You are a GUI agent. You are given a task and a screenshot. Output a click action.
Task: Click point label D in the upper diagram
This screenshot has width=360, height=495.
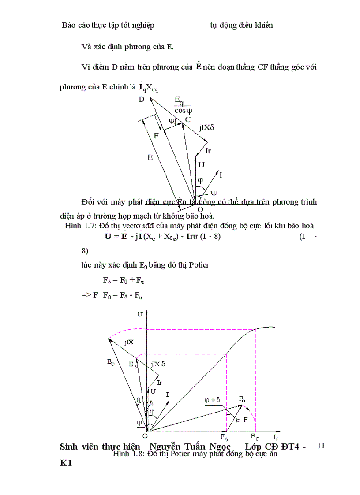tap(142, 99)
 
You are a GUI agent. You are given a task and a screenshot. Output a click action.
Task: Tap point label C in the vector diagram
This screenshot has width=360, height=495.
tap(187, 119)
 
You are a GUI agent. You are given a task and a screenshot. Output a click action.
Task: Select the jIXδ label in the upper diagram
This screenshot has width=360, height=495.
tap(206, 128)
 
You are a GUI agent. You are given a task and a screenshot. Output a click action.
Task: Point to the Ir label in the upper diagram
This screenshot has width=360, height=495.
tap(208, 151)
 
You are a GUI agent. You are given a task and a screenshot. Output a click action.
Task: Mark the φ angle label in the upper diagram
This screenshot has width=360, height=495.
tap(200, 180)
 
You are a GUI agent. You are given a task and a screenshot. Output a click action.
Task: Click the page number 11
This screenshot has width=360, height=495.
tap(321, 446)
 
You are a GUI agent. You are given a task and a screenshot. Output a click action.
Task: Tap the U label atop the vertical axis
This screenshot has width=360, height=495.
tap(140, 314)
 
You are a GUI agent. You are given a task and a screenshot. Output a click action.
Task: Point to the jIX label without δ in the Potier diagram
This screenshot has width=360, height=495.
tap(129, 342)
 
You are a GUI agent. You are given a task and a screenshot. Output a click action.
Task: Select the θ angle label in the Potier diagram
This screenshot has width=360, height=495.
tap(138, 400)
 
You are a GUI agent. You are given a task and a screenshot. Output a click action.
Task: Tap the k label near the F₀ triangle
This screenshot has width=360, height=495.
tap(237, 420)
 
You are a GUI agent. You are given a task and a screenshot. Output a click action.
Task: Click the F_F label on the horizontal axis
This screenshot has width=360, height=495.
tap(255, 436)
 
